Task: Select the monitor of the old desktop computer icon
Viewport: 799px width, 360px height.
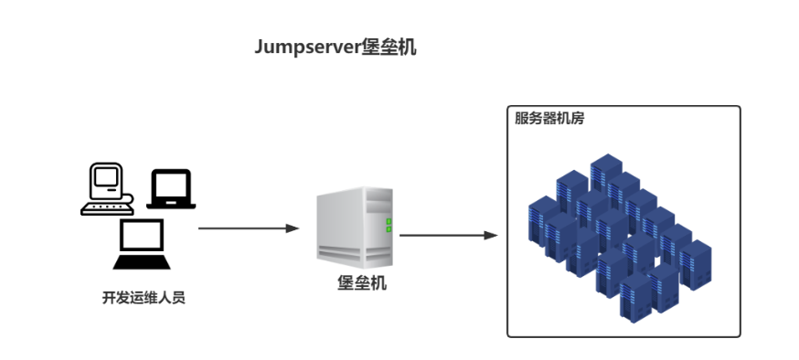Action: (x=104, y=179)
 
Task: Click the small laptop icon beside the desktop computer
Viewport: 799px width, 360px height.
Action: (x=172, y=189)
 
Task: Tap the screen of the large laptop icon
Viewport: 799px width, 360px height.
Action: (x=142, y=237)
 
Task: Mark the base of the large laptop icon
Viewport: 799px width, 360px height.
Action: (x=142, y=262)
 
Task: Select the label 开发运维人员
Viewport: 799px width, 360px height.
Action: (x=144, y=298)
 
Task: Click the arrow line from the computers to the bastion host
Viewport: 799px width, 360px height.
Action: (x=241, y=228)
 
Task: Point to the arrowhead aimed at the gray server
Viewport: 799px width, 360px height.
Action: (x=293, y=228)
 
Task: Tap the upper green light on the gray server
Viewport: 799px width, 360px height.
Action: (x=389, y=221)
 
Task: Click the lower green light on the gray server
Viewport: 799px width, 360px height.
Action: (x=389, y=229)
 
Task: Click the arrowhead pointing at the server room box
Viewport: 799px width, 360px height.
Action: (x=491, y=235)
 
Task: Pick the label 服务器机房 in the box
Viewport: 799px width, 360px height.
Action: (x=549, y=118)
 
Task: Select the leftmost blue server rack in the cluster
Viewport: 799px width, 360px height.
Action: (x=542, y=219)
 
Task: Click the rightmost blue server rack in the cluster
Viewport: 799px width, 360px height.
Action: (x=696, y=263)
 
